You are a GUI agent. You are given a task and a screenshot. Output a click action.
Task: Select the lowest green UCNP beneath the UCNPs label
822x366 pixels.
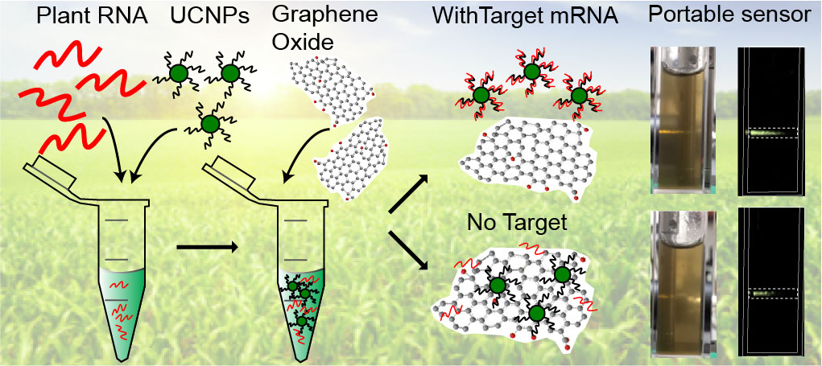click(210, 124)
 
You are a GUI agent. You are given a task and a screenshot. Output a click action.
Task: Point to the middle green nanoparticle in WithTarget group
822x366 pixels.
click(531, 72)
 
